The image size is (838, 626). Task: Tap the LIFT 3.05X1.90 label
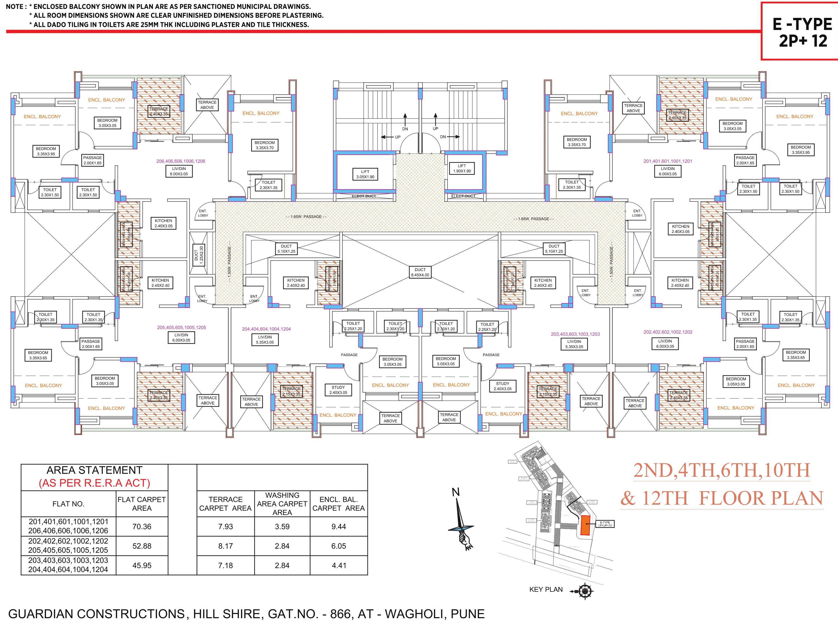coord(365,174)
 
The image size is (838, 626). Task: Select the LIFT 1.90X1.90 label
coord(462,168)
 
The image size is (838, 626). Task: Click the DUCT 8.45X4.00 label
coord(420,272)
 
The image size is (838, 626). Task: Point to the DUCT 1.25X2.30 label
coord(199,255)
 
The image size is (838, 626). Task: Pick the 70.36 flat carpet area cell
coord(142,526)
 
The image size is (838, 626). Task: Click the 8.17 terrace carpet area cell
coord(225,546)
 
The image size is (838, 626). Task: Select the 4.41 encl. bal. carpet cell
coord(339,565)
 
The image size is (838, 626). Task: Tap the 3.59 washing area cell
coord(282,526)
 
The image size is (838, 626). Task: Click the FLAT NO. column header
coord(68,504)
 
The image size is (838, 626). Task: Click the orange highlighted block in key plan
coord(585,525)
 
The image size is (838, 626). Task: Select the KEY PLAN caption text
coord(546,589)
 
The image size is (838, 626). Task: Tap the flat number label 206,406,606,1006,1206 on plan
coord(181,161)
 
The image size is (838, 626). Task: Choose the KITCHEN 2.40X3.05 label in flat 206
coord(163,223)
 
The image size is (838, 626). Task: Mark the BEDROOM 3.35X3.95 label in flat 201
coord(800,150)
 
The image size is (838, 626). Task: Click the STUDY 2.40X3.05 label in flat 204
coord(338,390)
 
